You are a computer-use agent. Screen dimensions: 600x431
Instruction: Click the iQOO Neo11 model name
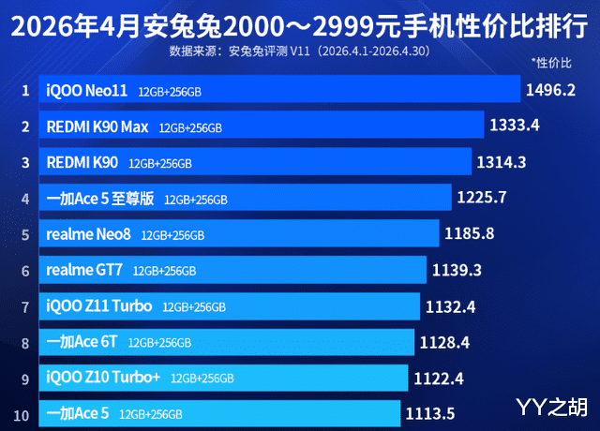pyautogui.click(x=87, y=91)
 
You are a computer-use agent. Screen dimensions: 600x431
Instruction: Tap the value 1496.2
pyautogui.click(x=550, y=90)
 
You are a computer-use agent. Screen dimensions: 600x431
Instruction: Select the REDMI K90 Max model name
pyautogui.click(x=97, y=127)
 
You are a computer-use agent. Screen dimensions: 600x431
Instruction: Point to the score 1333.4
pyautogui.click(x=515, y=125)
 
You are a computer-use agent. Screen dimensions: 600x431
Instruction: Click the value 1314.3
pyautogui.click(x=502, y=162)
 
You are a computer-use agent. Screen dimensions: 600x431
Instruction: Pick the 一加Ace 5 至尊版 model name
pyautogui.click(x=100, y=199)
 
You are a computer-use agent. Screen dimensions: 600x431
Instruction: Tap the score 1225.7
pyautogui.click(x=482, y=198)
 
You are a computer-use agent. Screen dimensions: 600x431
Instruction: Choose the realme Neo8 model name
pyautogui.click(x=88, y=234)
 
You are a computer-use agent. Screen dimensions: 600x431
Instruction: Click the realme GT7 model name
pyautogui.click(x=84, y=270)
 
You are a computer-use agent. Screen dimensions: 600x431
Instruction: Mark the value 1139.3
pyautogui.click(x=457, y=271)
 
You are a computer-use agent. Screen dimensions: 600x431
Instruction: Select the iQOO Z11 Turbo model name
pyautogui.click(x=99, y=306)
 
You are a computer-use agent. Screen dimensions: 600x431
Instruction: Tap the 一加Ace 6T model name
pyautogui.click(x=82, y=341)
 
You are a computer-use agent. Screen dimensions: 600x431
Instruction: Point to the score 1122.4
pyautogui.click(x=439, y=379)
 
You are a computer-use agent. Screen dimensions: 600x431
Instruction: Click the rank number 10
pyautogui.click(x=21, y=415)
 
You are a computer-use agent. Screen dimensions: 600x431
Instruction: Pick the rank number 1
pyautogui.click(x=25, y=91)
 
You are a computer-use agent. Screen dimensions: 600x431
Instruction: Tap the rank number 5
pyautogui.click(x=25, y=235)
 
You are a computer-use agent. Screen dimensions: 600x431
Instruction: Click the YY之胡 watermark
pyautogui.click(x=552, y=407)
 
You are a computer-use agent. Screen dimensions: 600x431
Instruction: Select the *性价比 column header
pyautogui.click(x=551, y=63)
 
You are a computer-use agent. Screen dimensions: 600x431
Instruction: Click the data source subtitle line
pyautogui.click(x=300, y=51)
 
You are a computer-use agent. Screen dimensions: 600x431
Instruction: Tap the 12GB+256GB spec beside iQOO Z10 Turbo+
pyautogui.click(x=202, y=379)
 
